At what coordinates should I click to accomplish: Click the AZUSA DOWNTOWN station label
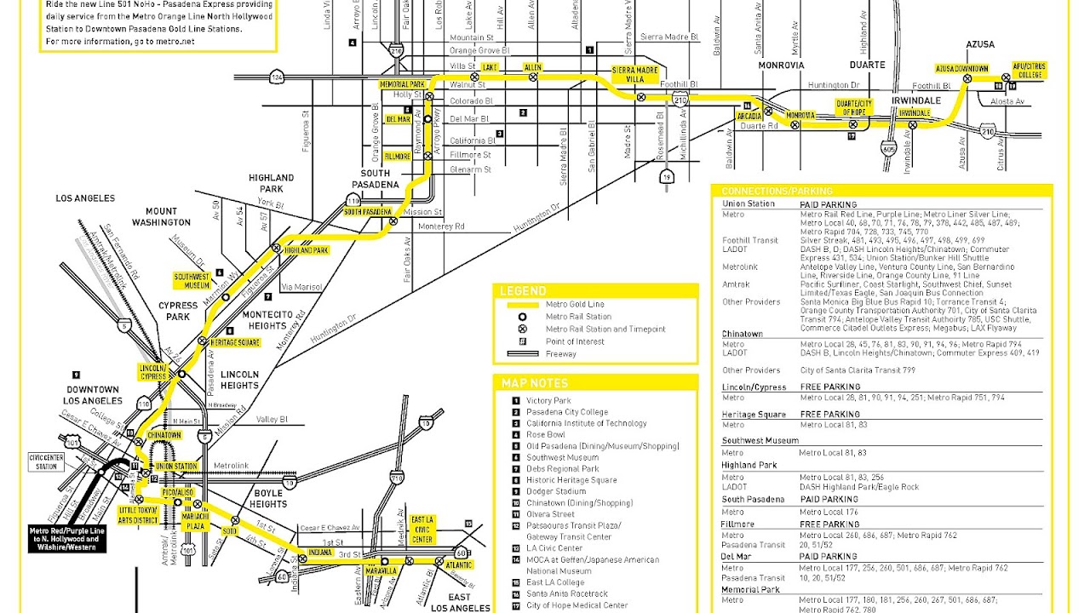(x=961, y=69)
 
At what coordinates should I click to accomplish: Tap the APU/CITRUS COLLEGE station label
(x=1028, y=70)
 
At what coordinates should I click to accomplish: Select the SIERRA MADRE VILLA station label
(x=634, y=74)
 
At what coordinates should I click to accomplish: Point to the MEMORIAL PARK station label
(x=402, y=85)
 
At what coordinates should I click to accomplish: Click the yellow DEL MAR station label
(x=399, y=119)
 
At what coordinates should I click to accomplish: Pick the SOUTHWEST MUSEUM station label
(x=192, y=281)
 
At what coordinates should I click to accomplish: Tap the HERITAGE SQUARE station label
(x=234, y=342)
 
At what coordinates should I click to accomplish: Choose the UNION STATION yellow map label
(x=176, y=467)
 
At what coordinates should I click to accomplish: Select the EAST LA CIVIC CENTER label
(x=422, y=530)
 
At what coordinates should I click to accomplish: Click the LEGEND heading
(x=523, y=291)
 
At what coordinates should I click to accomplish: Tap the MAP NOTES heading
(x=535, y=383)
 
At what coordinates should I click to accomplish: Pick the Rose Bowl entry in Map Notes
(x=545, y=435)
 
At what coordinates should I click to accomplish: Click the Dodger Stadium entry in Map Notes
(x=555, y=491)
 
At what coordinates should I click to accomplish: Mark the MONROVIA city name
(x=781, y=66)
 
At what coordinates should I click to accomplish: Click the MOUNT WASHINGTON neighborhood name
(x=161, y=216)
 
